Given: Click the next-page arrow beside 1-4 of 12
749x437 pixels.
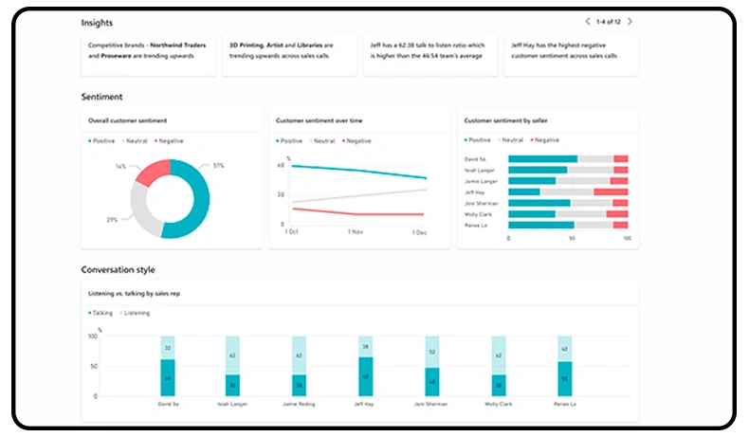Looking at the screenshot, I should (630, 21).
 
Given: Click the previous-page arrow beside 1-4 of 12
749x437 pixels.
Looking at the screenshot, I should (588, 21).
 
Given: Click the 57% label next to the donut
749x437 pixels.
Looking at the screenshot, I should (218, 166).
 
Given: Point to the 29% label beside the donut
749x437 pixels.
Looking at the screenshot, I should (112, 220).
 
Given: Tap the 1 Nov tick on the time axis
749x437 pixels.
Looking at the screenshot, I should (356, 231).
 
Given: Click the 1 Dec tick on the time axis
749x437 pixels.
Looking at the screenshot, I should (419, 231).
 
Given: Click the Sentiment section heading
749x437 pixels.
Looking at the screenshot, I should (101, 97).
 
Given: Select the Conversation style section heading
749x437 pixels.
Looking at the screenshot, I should (118, 269).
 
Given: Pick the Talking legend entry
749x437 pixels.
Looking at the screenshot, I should (101, 312).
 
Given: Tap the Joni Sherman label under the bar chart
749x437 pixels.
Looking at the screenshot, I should (431, 403).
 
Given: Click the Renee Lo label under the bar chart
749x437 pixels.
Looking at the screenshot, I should (564, 403).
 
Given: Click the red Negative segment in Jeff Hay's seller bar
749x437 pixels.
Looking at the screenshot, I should (611, 191).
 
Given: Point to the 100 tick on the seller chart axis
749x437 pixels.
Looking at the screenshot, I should (627, 239).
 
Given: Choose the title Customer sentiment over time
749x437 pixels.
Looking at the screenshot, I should (320, 120).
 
